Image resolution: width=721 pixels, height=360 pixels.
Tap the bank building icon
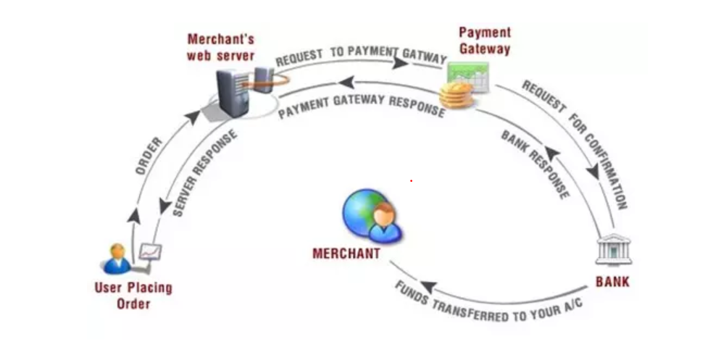point(613,249)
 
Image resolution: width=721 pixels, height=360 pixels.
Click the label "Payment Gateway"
point(485,41)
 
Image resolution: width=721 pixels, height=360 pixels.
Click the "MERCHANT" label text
point(346,254)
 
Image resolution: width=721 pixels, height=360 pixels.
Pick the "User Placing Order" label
point(133,295)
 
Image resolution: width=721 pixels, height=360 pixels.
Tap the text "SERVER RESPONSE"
point(205,175)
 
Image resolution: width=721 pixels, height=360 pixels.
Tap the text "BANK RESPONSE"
point(534,164)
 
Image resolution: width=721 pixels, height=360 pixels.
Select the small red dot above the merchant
point(411,180)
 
